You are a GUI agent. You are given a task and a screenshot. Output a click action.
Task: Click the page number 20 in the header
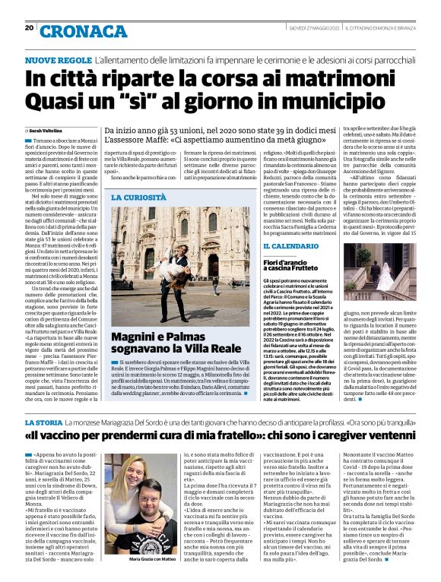click(29, 28)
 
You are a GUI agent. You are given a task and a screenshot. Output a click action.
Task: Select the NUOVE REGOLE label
click(58, 59)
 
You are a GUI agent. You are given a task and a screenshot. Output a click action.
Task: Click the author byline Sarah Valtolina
click(49, 131)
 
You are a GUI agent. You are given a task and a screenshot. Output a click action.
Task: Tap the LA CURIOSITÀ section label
click(138, 197)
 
